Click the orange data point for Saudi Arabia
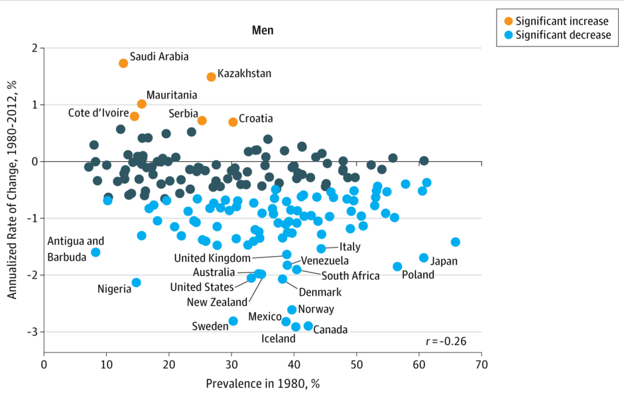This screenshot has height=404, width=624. click(123, 63)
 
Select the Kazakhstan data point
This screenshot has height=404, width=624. click(212, 76)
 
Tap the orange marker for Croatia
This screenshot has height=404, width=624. click(233, 121)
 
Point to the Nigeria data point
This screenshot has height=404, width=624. click(136, 283)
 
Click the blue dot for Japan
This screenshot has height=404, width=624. click(424, 257)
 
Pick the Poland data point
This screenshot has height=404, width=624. click(397, 267)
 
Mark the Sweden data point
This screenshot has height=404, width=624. click(233, 321)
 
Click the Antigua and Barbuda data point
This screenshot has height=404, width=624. click(95, 252)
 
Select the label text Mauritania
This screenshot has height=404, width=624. click(172, 96)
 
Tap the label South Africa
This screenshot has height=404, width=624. click(350, 276)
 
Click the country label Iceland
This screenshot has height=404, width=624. click(279, 339)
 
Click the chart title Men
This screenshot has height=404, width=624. click(263, 31)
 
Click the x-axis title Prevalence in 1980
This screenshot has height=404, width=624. click(263, 383)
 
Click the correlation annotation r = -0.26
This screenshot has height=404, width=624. click(446, 341)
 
